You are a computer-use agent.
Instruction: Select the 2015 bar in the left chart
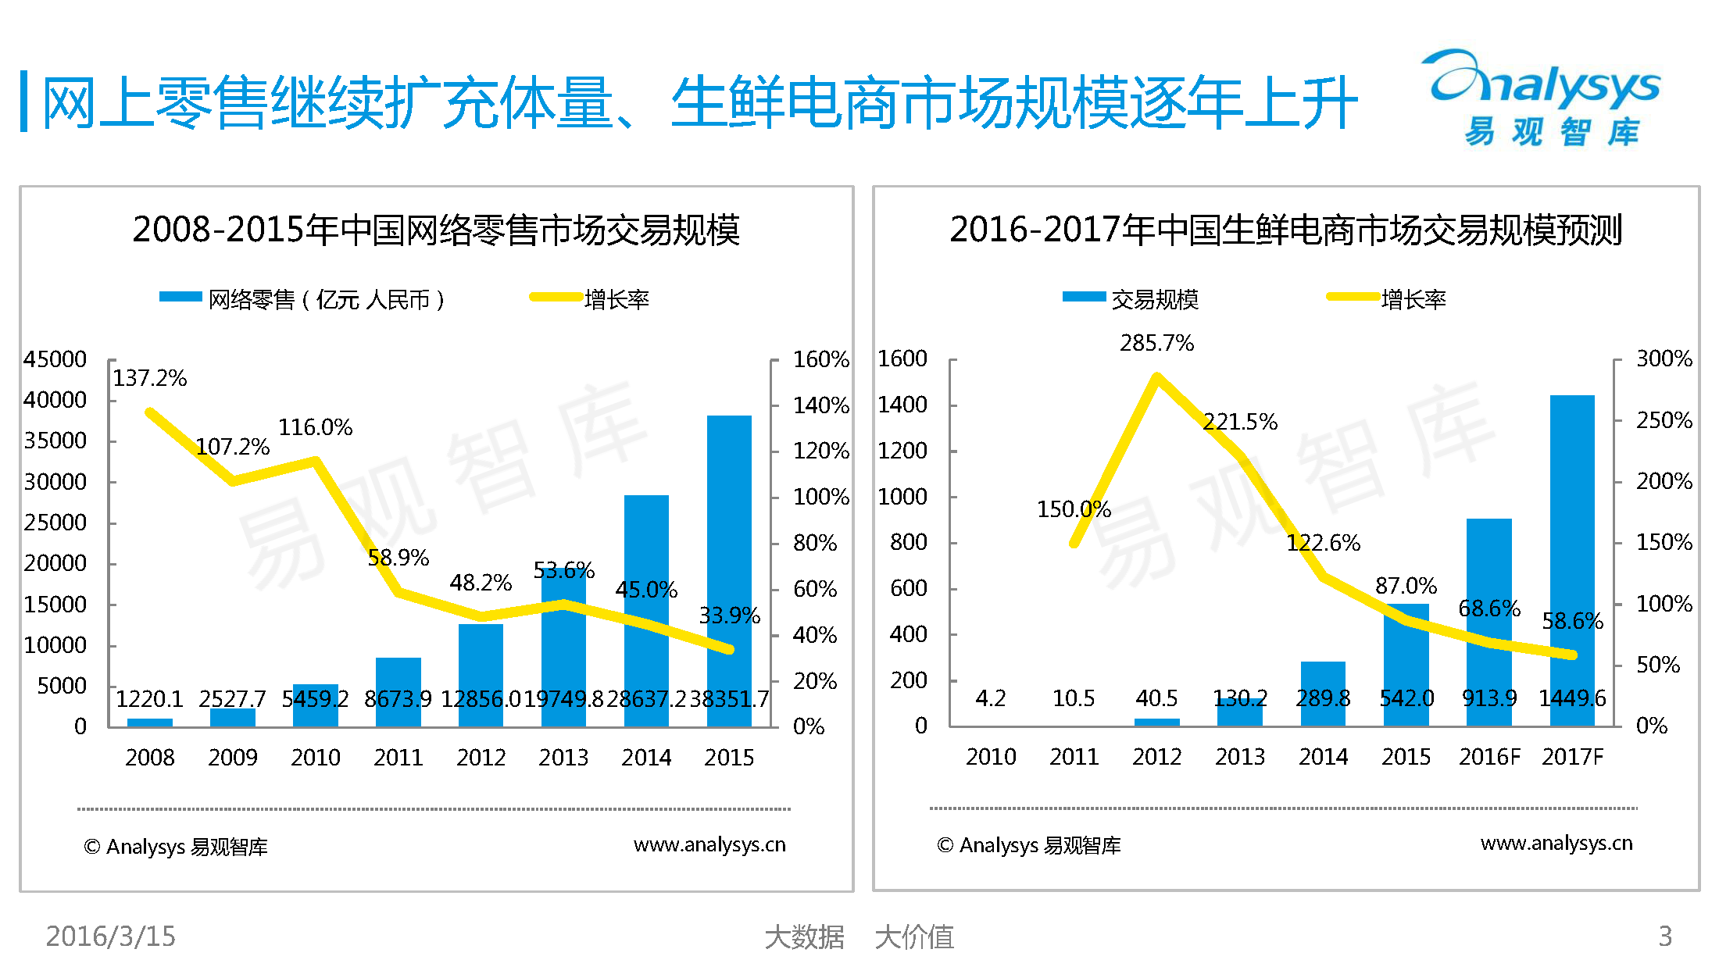pyautogui.click(x=729, y=570)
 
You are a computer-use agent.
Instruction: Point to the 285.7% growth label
pyautogui.click(x=1156, y=343)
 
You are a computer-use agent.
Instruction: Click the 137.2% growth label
pyautogui.click(x=150, y=379)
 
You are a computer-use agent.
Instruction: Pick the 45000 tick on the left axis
pyautogui.click(x=55, y=359)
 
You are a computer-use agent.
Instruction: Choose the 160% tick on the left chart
pyautogui.click(x=820, y=359)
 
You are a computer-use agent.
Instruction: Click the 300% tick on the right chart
pyautogui.click(x=1664, y=359)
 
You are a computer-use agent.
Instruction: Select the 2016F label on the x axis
pyautogui.click(x=1489, y=757)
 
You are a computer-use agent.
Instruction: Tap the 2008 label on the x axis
pyautogui.click(x=150, y=758)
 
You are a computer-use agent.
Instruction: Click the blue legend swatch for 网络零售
pyautogui.click(x=180, y=297)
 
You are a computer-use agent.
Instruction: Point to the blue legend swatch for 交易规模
pyautogui.click(x=1084, y=297)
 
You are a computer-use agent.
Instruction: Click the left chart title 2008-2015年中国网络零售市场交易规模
pyautogui.click(x=436, y=230)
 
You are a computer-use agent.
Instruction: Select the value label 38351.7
pyautogui.click(x=729, y=698)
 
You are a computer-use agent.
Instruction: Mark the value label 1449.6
pyautogui.click(x=1572, y=698)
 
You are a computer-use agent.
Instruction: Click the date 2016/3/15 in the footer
pyautogui.click(x=111, y=936)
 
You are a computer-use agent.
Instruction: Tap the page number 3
pyautogui.click(x=1665, y=936)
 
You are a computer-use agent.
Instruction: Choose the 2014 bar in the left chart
pyautogui.click(x=646, y=610)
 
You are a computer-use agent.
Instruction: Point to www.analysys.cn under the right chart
pyautogui.click(x=1556, y=844)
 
